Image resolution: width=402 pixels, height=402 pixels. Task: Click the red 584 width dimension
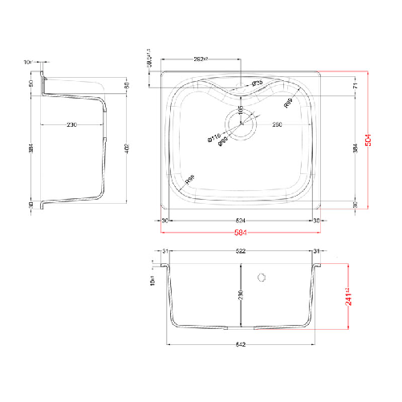240,233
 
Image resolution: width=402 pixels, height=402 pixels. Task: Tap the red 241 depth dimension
349,299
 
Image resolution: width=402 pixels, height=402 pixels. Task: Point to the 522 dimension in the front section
240,251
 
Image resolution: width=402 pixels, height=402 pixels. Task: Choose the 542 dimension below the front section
240,345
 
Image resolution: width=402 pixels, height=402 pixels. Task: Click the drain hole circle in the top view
241,123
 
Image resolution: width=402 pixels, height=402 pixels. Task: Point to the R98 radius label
189,182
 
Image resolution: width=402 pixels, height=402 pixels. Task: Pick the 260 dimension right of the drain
276,124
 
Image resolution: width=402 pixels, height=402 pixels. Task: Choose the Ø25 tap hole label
257,83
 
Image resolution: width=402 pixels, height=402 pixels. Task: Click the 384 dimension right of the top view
354,148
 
